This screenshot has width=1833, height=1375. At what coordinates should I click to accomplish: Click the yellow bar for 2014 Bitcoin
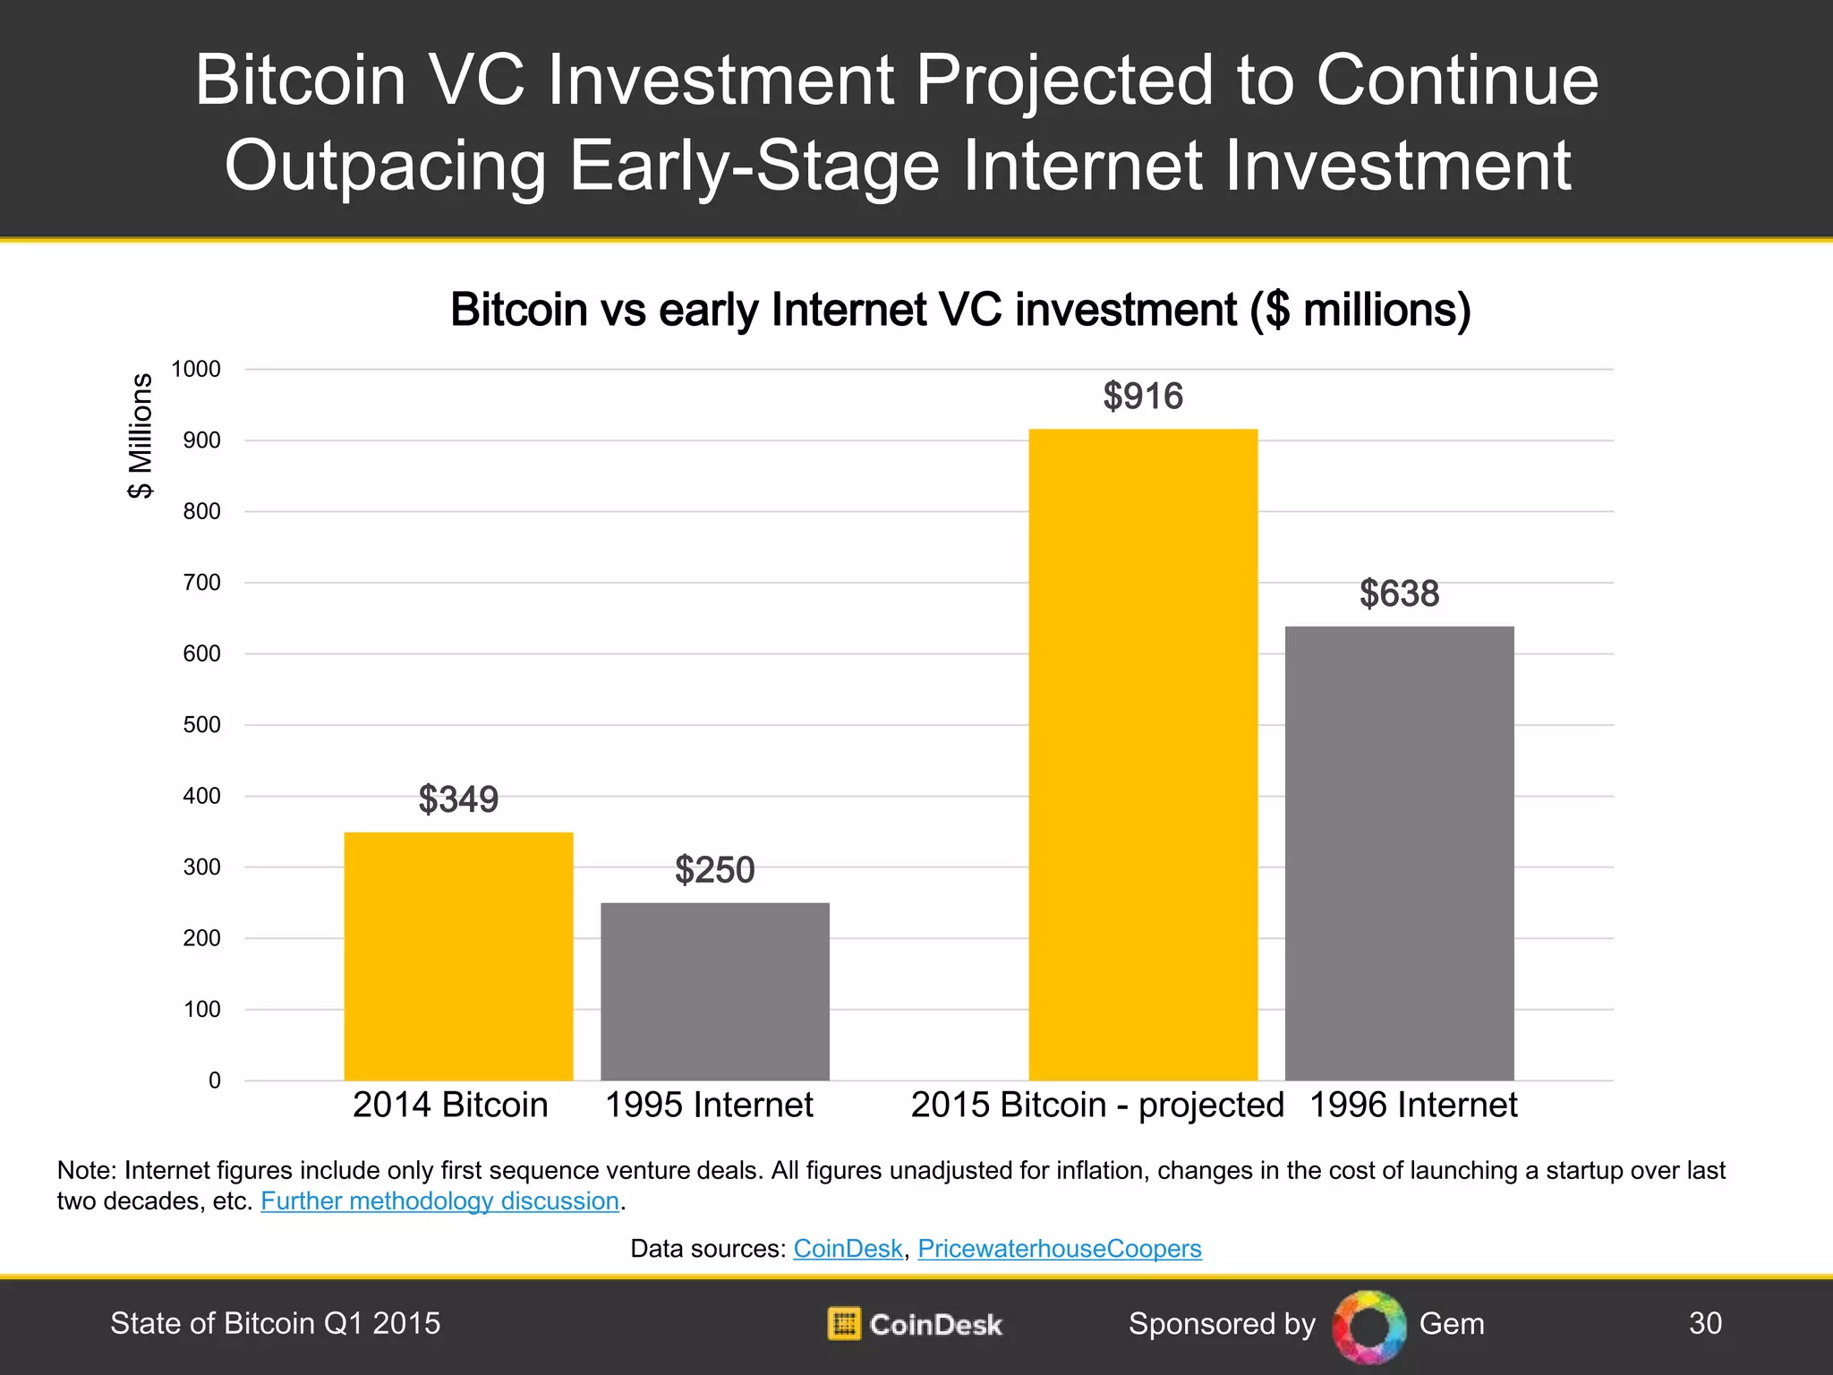coord(458,956)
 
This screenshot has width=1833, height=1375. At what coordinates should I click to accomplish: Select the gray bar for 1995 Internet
coord(714,991)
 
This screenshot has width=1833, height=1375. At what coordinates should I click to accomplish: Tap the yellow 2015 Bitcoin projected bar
coord(1143,755)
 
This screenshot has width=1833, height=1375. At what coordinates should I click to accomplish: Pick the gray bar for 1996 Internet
coord(1399,853)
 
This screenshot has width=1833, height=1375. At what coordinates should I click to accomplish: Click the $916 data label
coord(1143,396)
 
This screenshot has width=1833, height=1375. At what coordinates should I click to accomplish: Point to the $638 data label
coord(1399,594)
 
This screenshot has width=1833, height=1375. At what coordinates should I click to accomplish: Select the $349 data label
coord(458,799)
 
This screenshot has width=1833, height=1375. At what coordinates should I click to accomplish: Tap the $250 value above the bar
coord(714,869)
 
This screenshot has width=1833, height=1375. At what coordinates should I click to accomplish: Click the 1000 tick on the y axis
coord(196,369)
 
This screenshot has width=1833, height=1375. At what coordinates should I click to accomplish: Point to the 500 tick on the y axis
coord(201,724)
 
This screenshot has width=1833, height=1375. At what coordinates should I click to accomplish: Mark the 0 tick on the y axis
coord(214,1080)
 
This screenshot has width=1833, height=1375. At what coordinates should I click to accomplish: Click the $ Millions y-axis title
coord(141,435)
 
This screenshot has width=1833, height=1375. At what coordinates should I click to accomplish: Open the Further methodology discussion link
coord(439,1200)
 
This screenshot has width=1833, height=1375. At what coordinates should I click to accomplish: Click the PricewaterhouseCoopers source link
coord(1059,1248)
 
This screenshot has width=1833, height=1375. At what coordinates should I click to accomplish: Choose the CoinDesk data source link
coord(848,1248)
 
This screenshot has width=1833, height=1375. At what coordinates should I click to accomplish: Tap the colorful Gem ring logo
coord(1368,1326)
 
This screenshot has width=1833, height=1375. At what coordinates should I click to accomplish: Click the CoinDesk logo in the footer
coord(915,1324)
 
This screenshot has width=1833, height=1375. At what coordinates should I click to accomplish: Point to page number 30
coord(1705,1323)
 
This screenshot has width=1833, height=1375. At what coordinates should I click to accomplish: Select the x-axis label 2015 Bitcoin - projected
coord(1097,1105)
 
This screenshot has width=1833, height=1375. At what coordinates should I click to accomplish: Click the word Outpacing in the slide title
coord(385,166)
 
